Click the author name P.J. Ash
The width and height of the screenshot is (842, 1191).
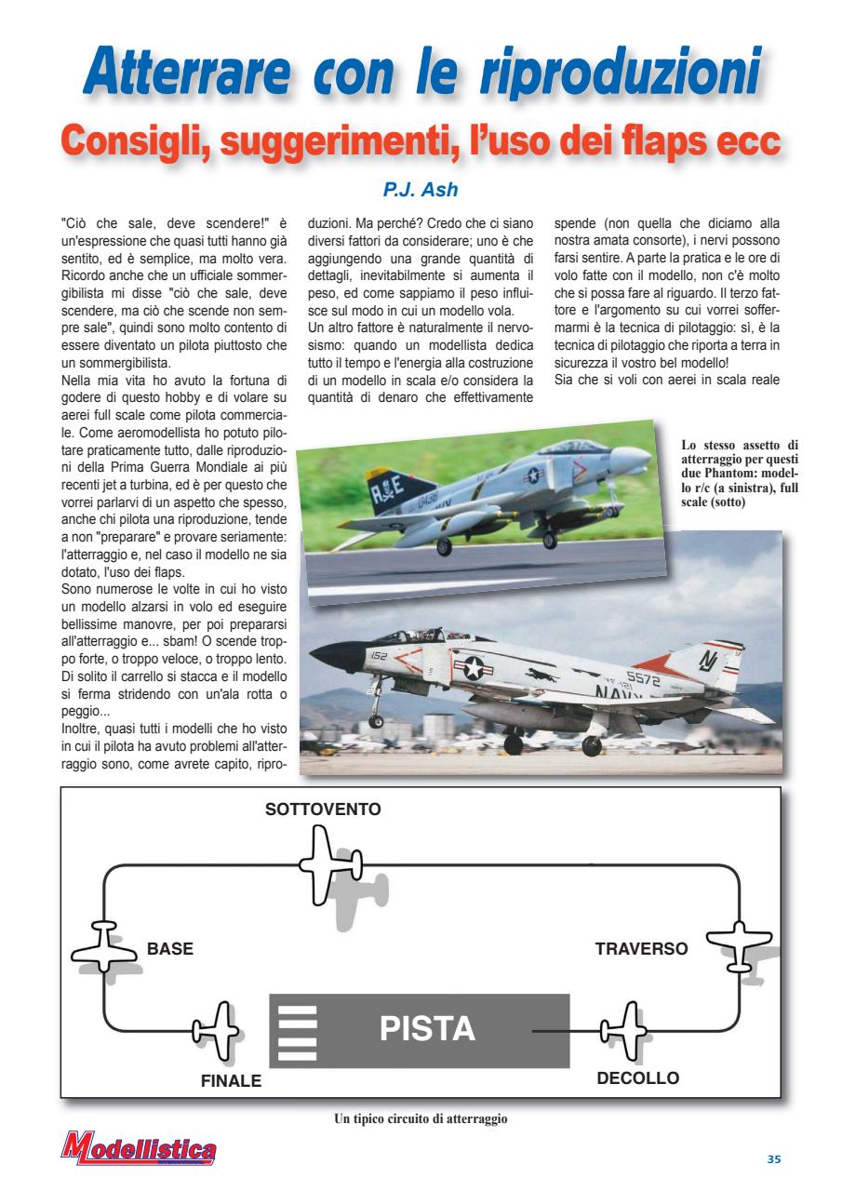click(420, 190)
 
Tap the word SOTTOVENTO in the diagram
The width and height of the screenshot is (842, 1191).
click(323, 810)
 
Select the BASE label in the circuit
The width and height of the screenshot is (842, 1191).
click(170, 950)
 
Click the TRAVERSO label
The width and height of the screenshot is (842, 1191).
click(641, 950)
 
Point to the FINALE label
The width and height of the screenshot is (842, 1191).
click(231, 1081)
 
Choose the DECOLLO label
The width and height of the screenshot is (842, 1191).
click(637, 1079)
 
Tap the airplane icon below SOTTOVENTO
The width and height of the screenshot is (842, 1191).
click(325, 861)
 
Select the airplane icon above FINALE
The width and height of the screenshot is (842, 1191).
click(216, 1030)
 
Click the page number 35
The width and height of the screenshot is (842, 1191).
click(774, 1158)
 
